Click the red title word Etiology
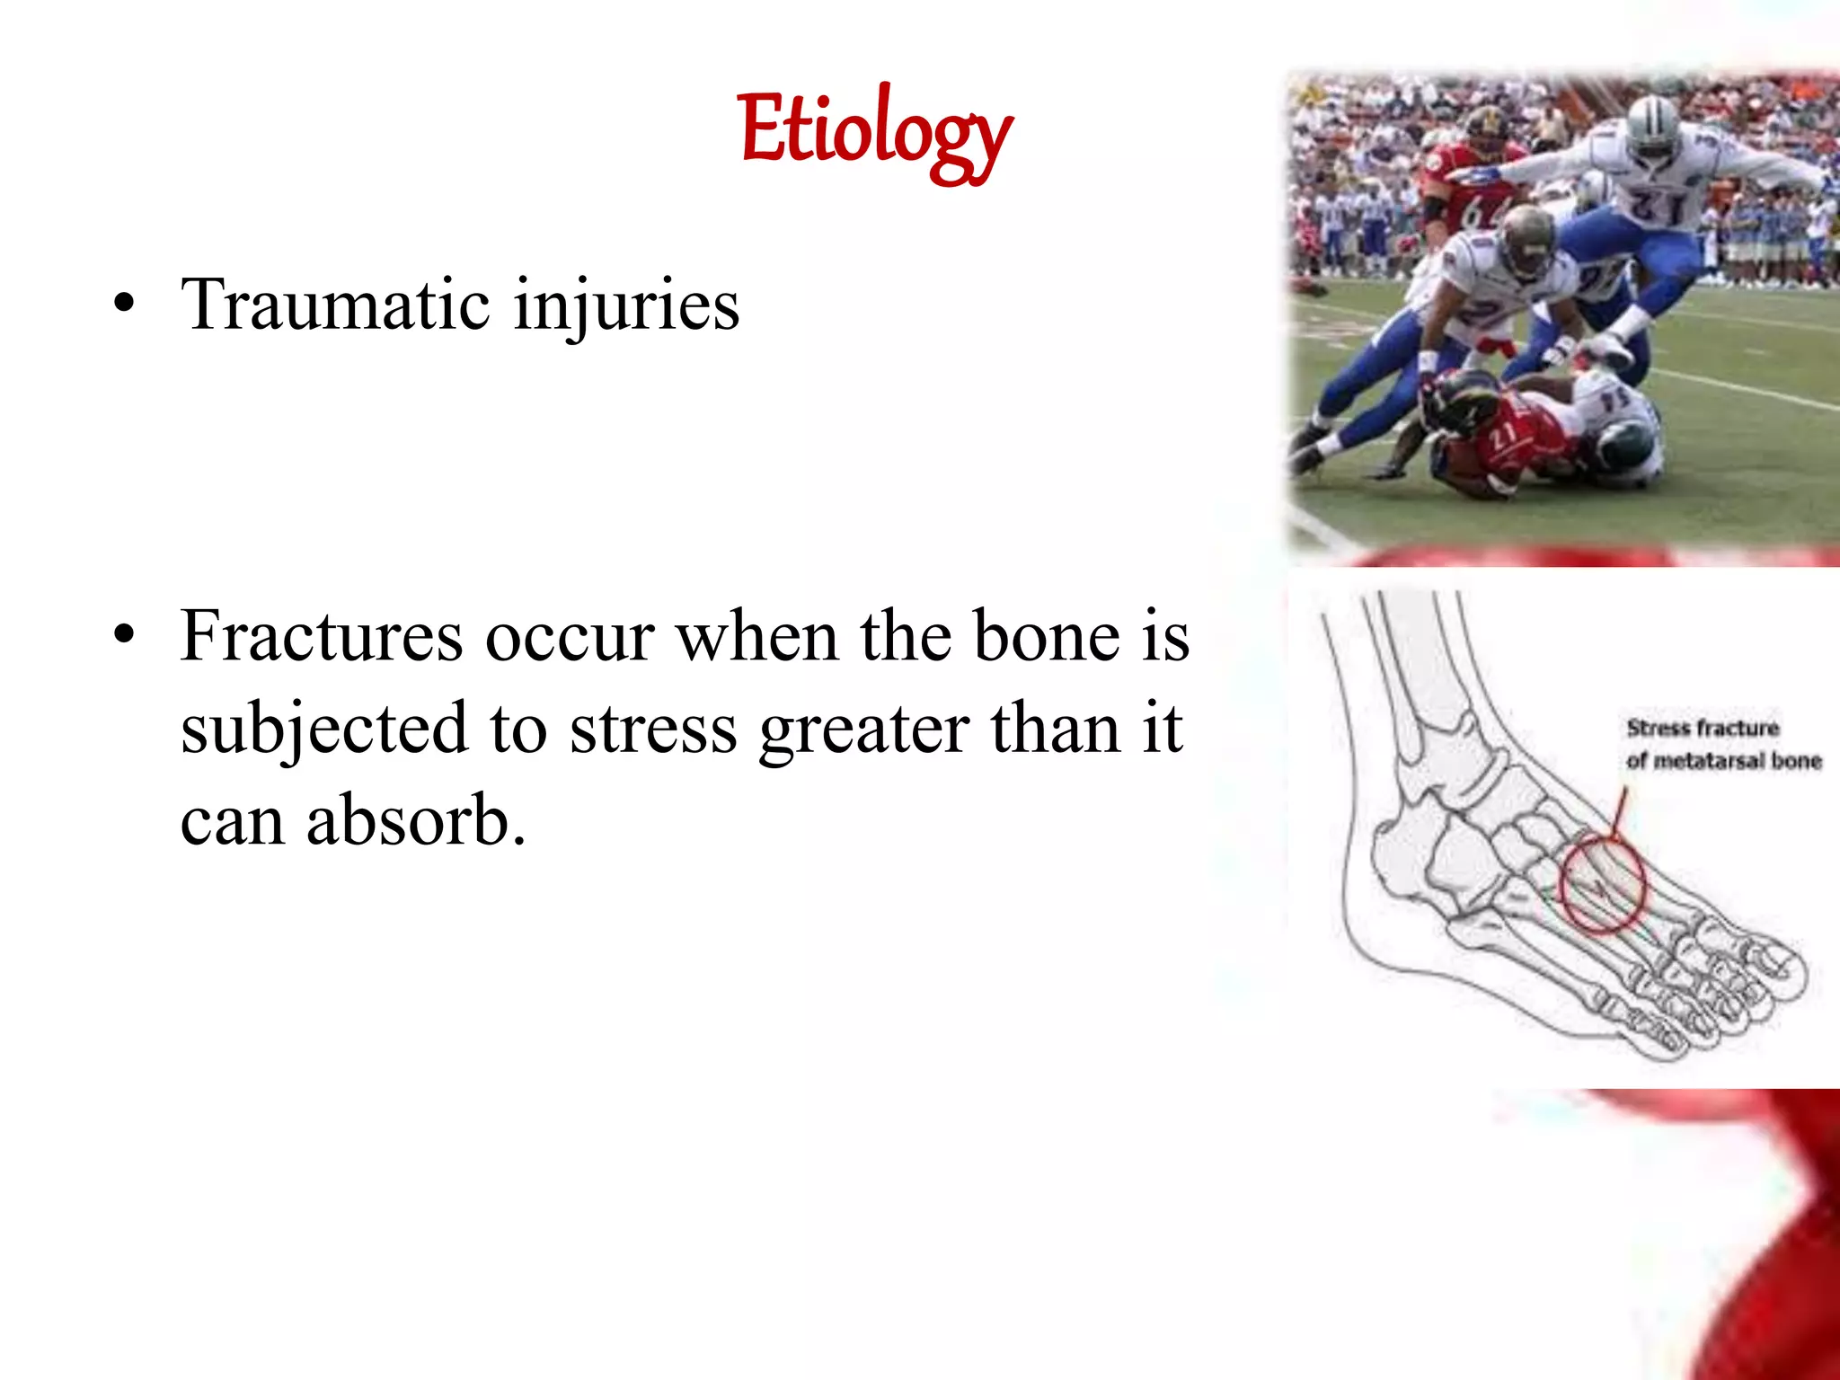875,133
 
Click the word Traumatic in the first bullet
334,305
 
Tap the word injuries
626,305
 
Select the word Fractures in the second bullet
321,636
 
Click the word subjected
323,730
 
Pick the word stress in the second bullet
653,730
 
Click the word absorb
415,821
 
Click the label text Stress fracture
1702,728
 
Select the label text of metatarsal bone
1722,761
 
